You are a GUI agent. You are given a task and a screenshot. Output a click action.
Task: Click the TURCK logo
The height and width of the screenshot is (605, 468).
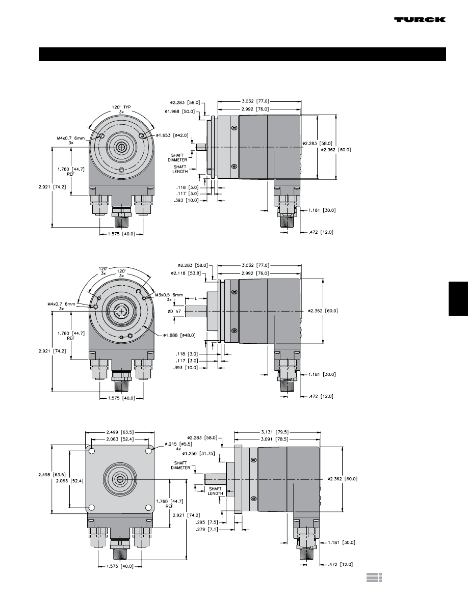(420, 19)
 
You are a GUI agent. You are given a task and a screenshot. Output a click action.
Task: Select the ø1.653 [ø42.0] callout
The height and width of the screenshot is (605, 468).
(173, 135)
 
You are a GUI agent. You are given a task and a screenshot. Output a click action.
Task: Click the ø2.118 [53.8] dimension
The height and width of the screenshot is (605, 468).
(186, 273)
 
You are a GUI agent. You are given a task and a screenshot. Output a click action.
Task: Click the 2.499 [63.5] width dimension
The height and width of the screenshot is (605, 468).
(120, 432)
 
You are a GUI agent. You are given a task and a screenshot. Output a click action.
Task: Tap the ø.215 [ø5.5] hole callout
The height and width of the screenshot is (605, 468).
(178, 444)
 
